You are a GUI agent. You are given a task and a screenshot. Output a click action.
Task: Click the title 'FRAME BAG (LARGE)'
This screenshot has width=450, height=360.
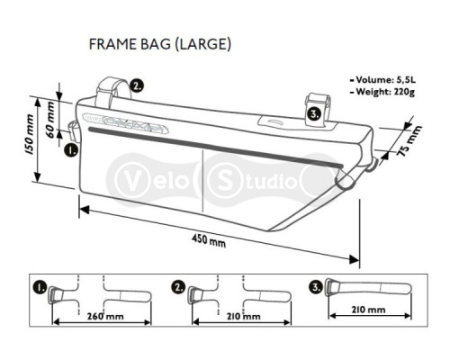click(x=160, y=44)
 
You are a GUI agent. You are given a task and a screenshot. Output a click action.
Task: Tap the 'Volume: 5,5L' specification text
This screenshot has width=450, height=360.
click(x=382, y=80)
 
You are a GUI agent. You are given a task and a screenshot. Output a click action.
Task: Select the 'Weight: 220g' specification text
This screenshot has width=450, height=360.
click(x=382, y=92)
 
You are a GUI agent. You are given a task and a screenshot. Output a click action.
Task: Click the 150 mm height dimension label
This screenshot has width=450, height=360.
click(x=30, y=134)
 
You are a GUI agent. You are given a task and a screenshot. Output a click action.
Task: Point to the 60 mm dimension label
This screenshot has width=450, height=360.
click(x=50, y=120)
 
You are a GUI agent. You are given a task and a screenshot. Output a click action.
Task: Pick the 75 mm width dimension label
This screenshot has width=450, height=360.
click(x=409, y=141)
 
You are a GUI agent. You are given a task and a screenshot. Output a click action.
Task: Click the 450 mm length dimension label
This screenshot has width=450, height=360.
click(x=209, y=240)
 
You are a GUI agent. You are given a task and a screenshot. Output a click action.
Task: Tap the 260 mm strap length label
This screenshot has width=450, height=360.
click(x=105, y=316)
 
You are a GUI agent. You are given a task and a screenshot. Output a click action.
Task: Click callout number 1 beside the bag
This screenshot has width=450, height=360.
click(x=71, y=149)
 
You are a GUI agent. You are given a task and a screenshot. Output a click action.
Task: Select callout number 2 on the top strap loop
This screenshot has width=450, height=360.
click(x=137, y=86)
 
